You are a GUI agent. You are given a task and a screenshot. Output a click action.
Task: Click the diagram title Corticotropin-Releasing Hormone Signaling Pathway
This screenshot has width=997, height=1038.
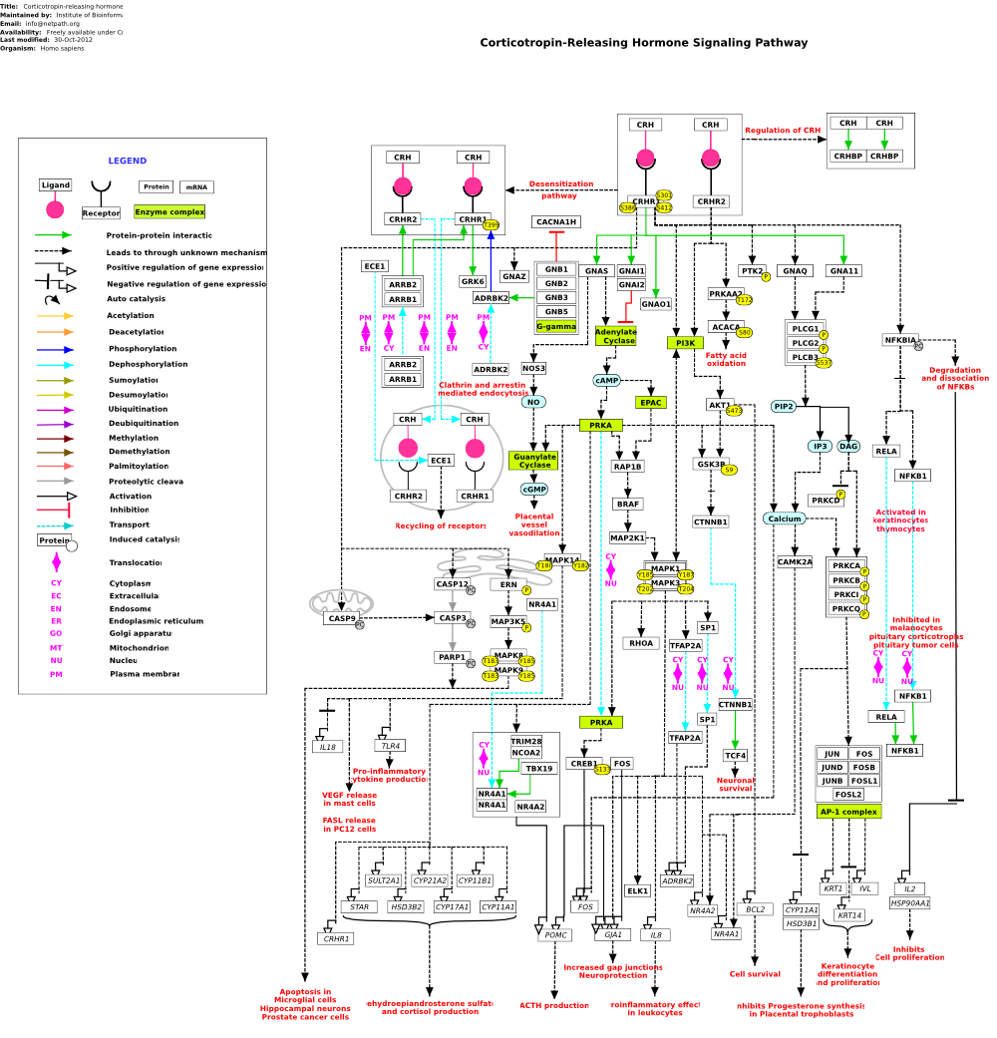pos(643,43)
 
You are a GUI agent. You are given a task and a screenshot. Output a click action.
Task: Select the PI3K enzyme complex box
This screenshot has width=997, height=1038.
pos(685,343)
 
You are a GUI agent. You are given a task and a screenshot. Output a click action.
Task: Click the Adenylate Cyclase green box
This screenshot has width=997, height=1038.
pos(615,336)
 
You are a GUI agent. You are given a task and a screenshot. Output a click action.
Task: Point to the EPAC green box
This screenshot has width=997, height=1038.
pos(650,403)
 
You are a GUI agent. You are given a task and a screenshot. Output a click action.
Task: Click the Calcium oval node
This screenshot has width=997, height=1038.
pos(784,519)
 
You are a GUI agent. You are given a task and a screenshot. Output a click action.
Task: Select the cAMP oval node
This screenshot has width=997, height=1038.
pos(607,381)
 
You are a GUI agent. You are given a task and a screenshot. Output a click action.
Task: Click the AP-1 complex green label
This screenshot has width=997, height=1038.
pos(848,812)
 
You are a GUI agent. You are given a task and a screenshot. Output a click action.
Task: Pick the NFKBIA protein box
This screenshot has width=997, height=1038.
pos(900,340)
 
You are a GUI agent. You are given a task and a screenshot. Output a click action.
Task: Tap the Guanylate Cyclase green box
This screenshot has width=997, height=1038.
pos(534,461)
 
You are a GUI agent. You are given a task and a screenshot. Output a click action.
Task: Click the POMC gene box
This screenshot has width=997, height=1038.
pos(556,935)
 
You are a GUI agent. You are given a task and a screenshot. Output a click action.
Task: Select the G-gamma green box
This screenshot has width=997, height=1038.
pos(556,326)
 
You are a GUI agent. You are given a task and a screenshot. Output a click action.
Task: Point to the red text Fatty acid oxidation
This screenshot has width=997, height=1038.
pos(725,359)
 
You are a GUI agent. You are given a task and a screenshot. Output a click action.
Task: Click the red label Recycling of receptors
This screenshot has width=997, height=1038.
pos(440,525)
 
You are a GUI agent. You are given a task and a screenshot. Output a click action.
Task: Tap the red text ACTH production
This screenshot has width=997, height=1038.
pos(553,1005)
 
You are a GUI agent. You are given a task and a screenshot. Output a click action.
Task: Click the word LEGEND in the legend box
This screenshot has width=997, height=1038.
pos(127,162)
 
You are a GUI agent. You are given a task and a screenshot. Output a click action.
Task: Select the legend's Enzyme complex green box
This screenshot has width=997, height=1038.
pos(169,212)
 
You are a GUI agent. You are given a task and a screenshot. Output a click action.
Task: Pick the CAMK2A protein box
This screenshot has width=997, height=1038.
pos(795,562)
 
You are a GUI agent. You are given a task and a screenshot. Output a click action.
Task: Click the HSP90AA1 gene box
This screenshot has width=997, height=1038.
pos(909,903)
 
